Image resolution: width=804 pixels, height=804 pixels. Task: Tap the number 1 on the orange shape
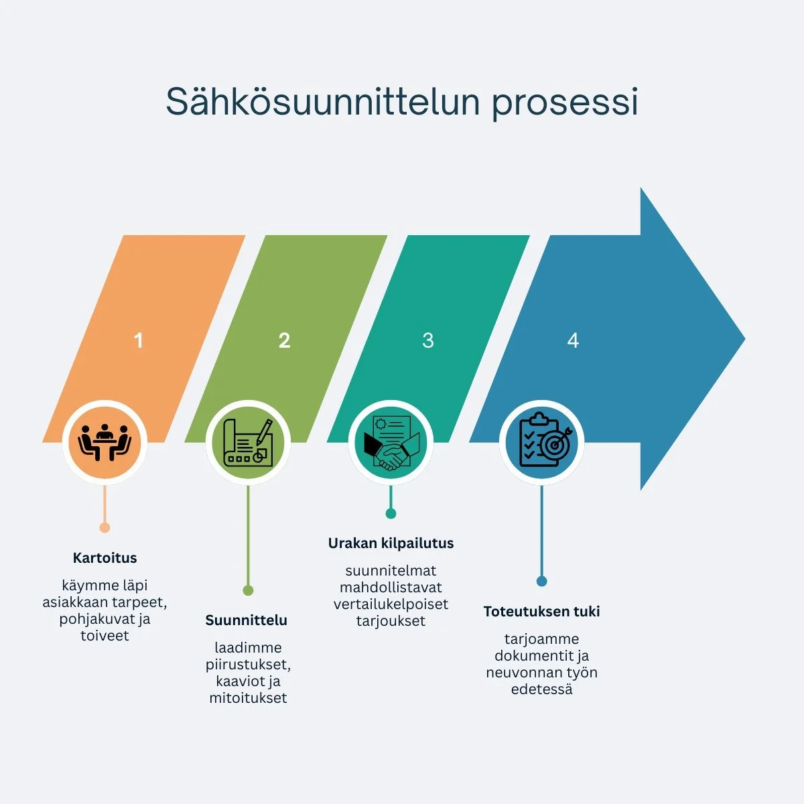point(139,340)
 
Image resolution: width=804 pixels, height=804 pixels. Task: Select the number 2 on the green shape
point(284,340)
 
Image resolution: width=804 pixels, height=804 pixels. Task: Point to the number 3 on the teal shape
point(428,340)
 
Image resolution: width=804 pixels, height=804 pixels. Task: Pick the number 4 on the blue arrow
point(573,340)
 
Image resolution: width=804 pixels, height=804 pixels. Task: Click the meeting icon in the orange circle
point(105,442)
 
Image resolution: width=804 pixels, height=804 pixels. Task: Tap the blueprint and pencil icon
point(248,442)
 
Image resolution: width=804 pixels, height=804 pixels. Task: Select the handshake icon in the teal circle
point(391,442)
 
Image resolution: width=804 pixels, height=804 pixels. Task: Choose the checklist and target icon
point(542,442)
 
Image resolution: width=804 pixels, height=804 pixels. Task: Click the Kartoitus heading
point(105,557)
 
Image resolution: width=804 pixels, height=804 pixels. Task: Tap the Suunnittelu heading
point(247,620)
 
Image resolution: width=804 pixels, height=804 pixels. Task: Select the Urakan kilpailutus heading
point(391,543)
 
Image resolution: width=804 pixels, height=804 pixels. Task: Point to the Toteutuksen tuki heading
point(541,611)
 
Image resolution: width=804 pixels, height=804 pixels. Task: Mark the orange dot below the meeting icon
point(105,528)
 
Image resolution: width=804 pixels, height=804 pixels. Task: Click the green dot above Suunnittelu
point(248,590)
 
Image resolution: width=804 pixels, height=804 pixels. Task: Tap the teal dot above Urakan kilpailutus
point(391,514)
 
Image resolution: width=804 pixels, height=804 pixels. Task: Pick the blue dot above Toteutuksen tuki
point(541,581)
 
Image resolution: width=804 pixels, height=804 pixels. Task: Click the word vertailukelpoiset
point(391,604)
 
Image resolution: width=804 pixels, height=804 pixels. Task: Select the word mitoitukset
point(248,698)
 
